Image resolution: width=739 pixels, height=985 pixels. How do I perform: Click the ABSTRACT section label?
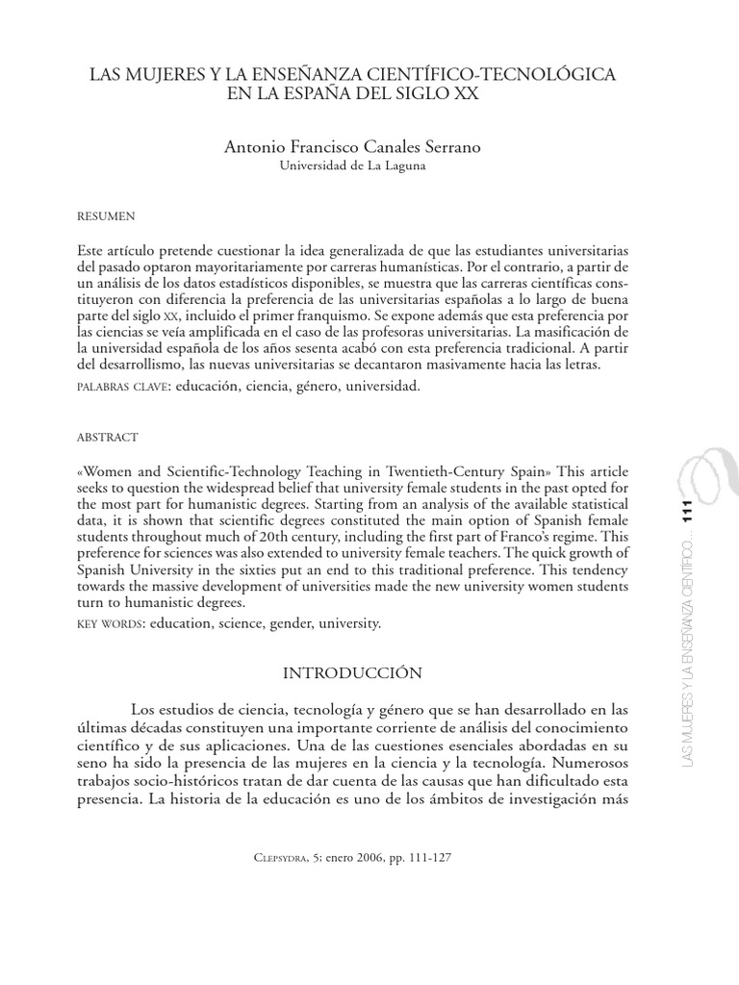(107, 437)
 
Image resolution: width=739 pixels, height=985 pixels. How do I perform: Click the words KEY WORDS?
(106, 623)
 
